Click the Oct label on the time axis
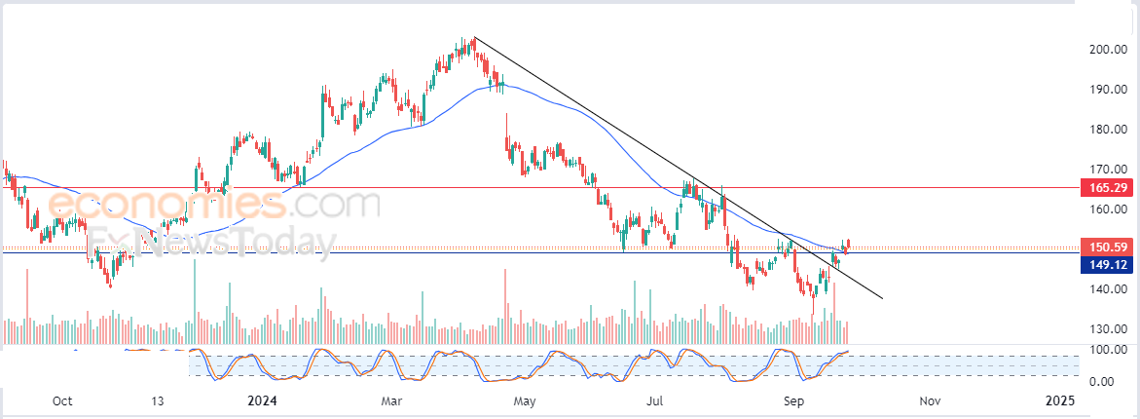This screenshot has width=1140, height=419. (62, 400)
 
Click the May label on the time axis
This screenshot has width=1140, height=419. (525, 400)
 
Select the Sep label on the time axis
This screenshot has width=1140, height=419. (794, 400)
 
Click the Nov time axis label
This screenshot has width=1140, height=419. (930, 400)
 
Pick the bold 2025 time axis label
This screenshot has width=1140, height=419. (1060, 400)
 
